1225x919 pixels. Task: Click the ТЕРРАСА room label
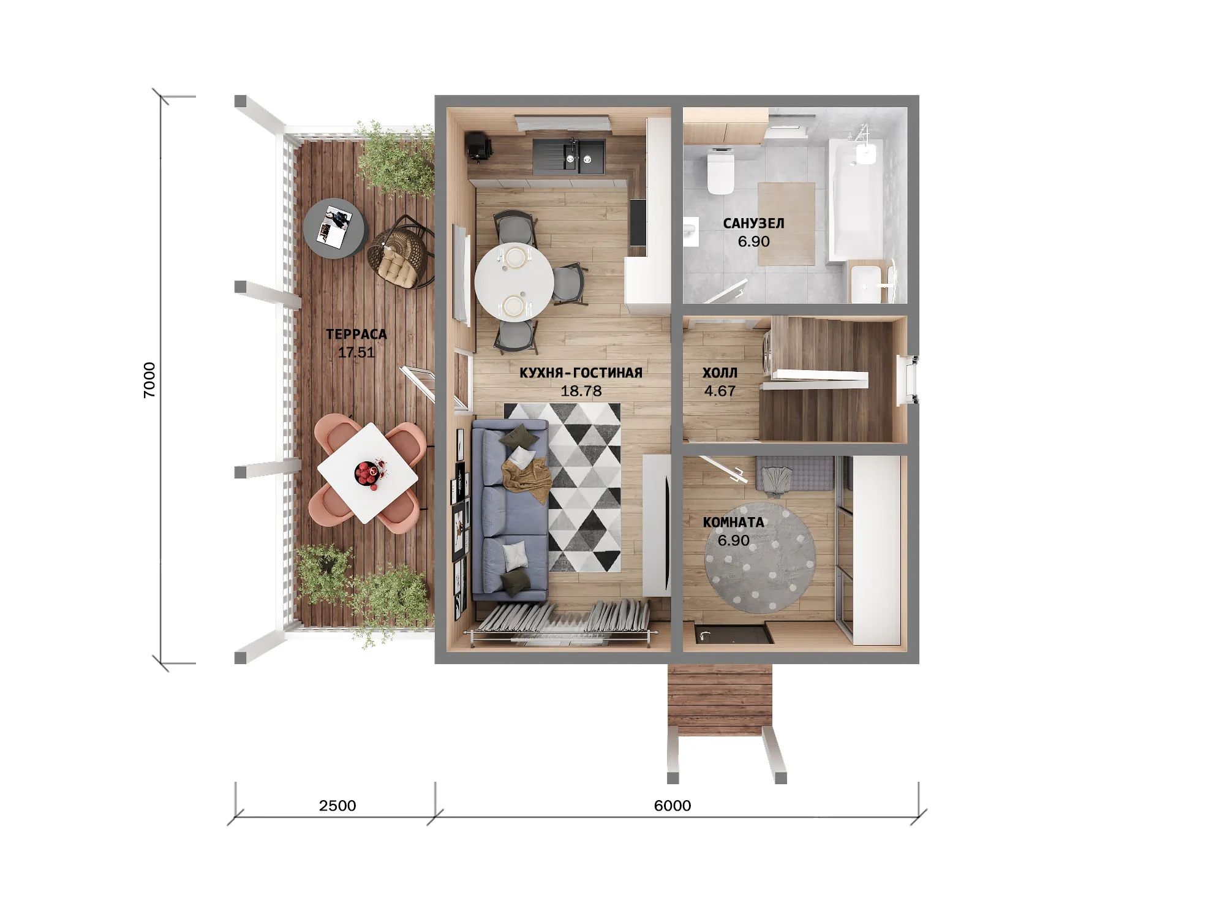pos(356,335)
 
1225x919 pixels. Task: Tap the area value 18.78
pos(581,391)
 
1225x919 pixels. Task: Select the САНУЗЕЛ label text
pos(753,223)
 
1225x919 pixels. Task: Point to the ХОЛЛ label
pos(720,373)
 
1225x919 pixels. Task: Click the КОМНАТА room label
pos(734,523)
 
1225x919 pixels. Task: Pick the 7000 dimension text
pos(149,380)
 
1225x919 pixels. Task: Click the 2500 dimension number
pos(337,806)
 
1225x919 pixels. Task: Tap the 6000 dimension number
pos(673,806)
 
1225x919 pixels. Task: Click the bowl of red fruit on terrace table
pos(368,473)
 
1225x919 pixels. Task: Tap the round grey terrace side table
pos(336,229)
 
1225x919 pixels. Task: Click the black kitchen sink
pos(569,156)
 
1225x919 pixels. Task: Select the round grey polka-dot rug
pos(760,558)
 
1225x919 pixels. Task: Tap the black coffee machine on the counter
pos(479,147)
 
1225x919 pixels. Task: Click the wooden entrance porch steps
pos(720,695)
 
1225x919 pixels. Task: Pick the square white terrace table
pos(368,473)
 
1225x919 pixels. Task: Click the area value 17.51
pos(356,352)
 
